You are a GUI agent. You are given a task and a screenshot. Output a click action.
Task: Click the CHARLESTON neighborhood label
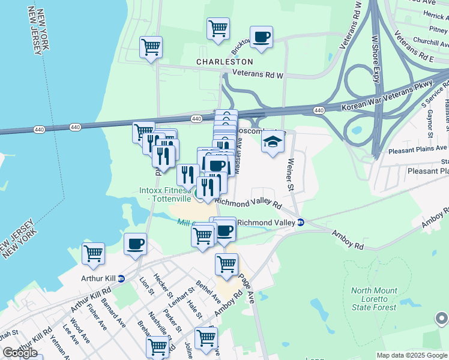point(225,62)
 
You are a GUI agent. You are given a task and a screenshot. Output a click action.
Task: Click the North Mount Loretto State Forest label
point(374,299)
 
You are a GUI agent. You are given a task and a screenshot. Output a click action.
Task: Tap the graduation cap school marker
point(273,142)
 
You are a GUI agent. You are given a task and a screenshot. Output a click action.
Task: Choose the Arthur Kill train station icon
point(121,278)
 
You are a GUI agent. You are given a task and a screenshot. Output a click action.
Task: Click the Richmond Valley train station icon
point(301,223)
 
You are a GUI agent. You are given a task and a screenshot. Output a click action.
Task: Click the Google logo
point(20,353)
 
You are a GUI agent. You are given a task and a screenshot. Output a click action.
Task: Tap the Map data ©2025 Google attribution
point(411,355)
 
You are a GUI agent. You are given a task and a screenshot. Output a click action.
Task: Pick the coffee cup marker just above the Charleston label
point(261,37)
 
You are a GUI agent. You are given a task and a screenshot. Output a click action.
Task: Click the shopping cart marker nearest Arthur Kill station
point(94,254)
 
